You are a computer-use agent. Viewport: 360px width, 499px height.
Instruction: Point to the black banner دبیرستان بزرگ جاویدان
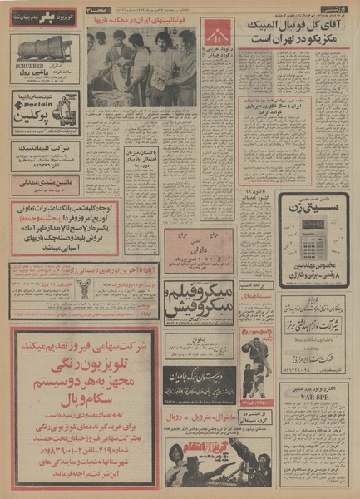pos(204,373)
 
